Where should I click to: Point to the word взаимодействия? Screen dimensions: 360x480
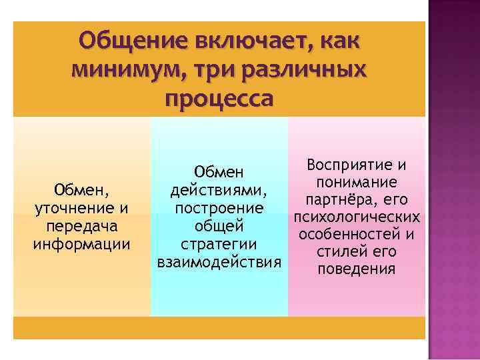(219, 259)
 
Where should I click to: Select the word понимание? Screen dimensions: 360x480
(357, 183)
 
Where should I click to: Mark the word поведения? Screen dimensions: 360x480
(357, 269)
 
